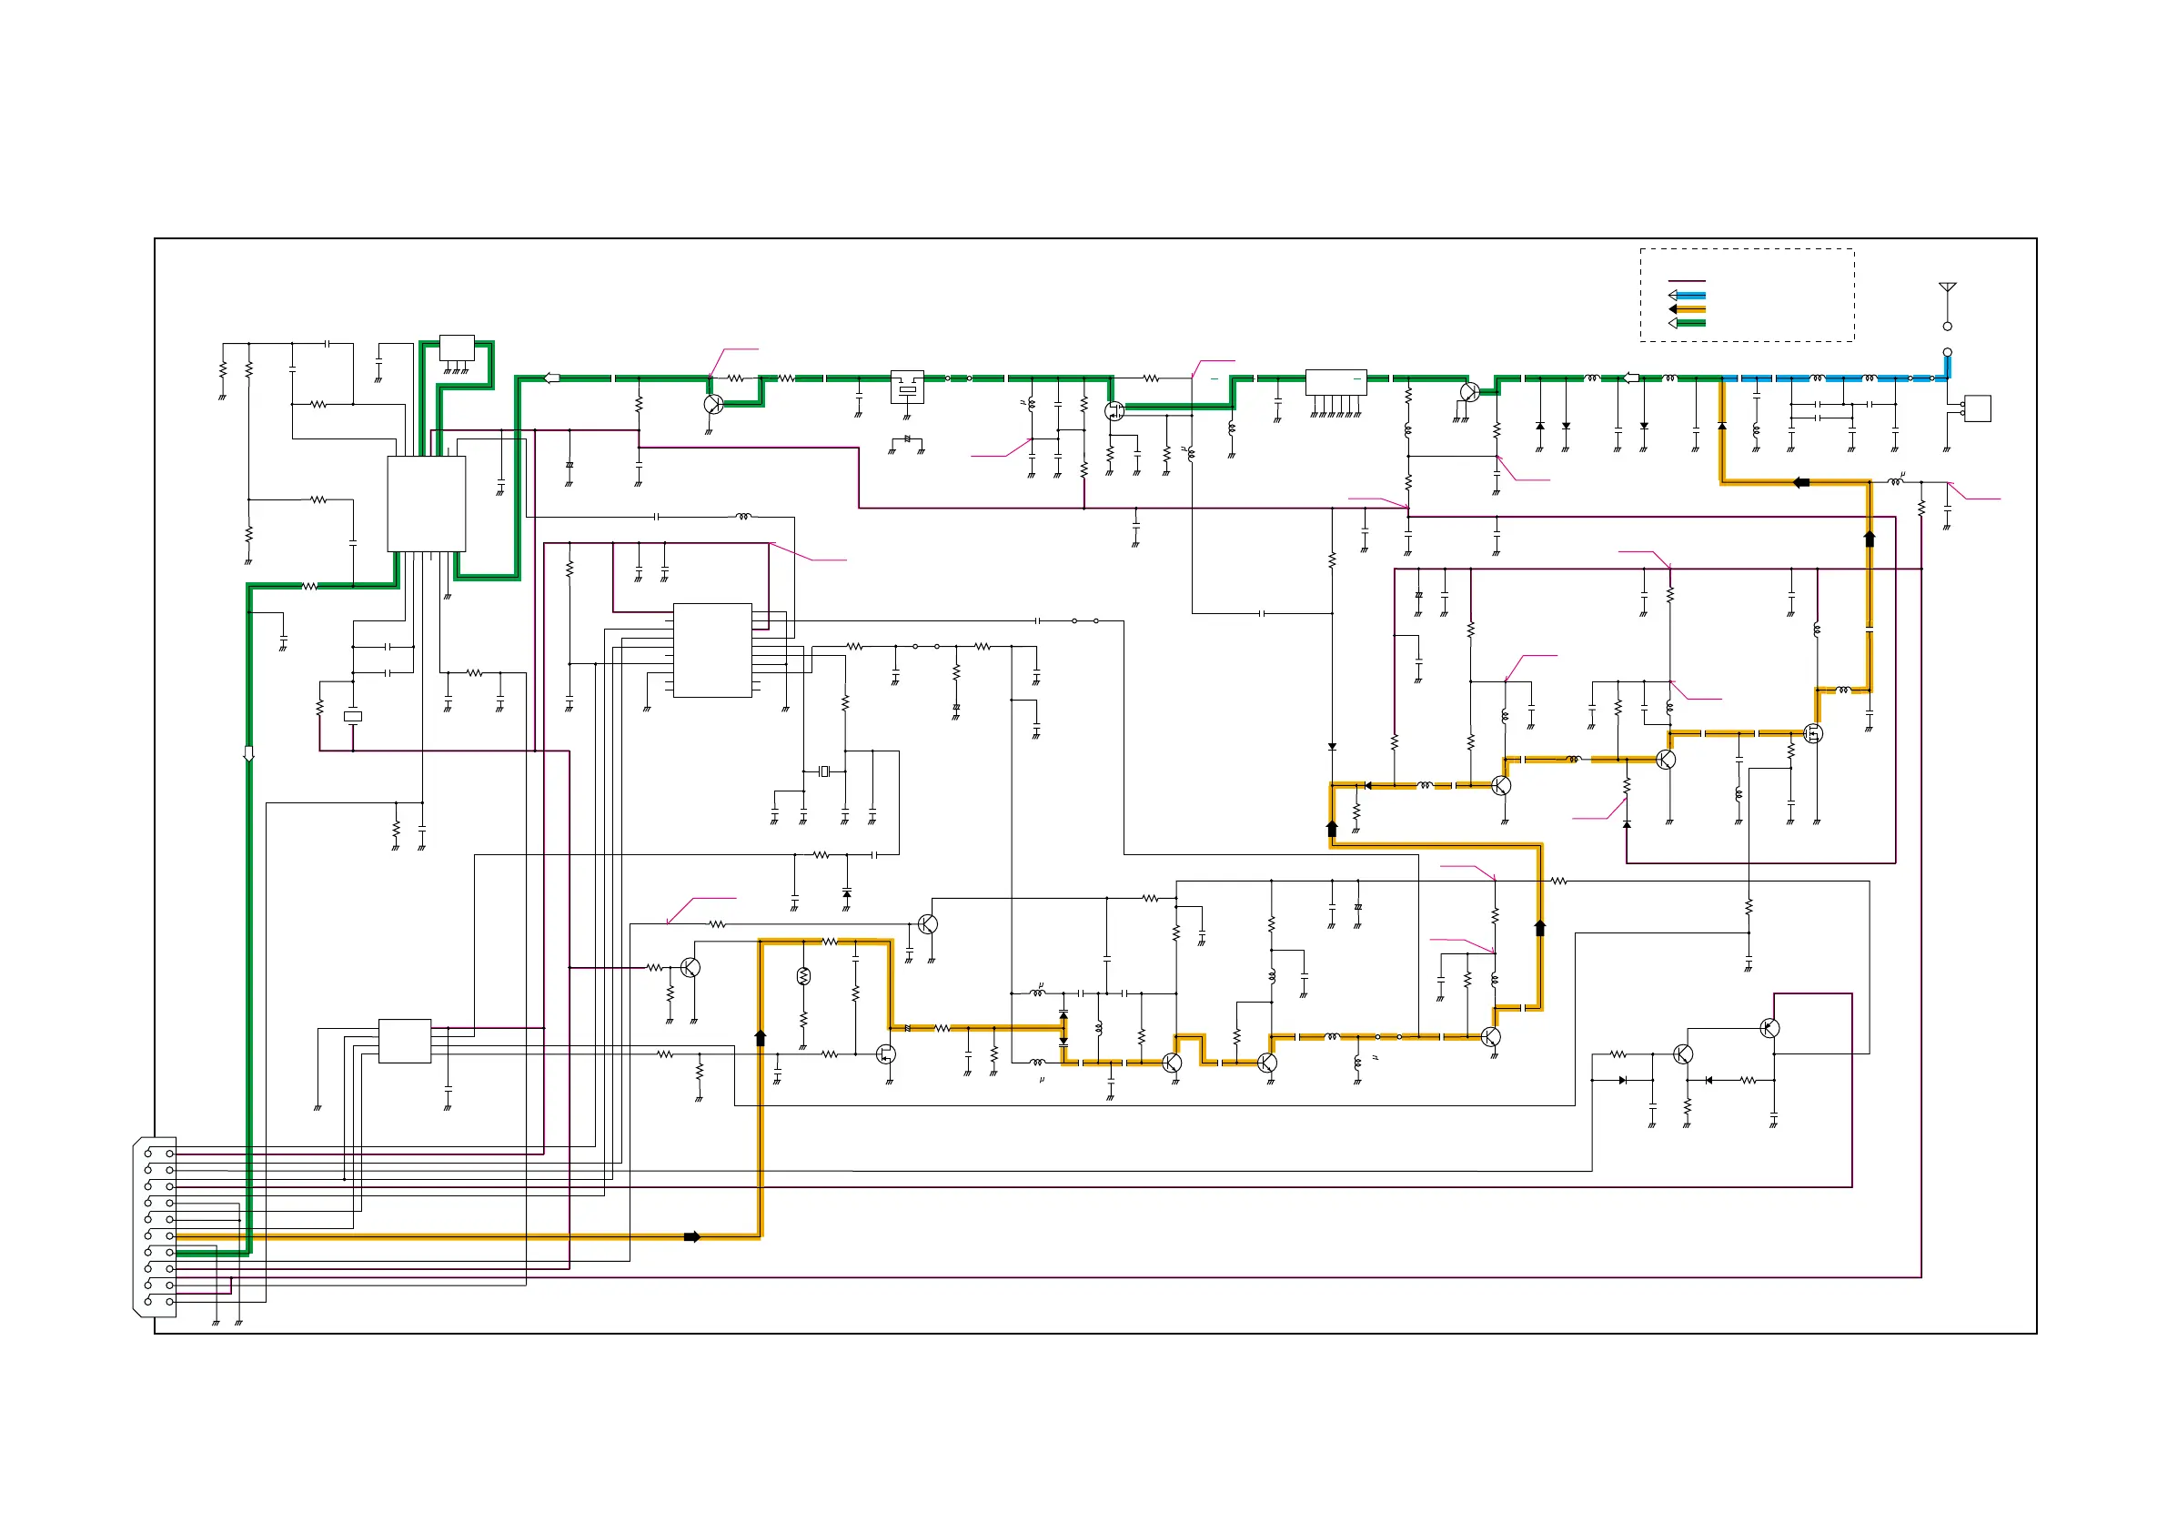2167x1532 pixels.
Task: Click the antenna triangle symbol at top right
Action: [x=1947, y=287]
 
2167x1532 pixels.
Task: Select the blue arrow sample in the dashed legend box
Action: [x=1686, y=296]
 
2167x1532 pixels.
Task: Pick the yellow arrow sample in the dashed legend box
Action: [x=1686, y=309]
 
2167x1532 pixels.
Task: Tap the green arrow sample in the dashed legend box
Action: [x=1686, y=324]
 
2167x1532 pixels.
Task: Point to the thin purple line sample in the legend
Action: [x=1687, y=281]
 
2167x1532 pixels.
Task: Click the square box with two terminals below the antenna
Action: [x=1976, y=408]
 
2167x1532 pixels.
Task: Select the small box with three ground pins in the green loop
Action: [x=457, y=348]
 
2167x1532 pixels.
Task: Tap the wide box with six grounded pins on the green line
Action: [x=1335, y=382]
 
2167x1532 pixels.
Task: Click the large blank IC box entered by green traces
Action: [x=427, y=504]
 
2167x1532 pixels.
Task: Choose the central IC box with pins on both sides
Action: [x=712, y=650]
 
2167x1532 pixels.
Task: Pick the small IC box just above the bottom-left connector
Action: [x=405, y=1041]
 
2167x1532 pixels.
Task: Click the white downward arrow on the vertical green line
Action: [x=249, y=754]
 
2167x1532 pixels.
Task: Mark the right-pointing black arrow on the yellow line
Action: [x=691, y=1236]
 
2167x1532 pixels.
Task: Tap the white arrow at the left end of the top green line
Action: [x=552, y=378]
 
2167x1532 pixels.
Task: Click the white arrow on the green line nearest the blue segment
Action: [x=1630, y=378]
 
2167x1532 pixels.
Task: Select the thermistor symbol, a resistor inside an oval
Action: [x=803, y=977]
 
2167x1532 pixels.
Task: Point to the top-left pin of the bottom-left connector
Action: [x=148, y=1154]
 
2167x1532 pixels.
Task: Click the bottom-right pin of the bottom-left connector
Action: [x=170, y=1302]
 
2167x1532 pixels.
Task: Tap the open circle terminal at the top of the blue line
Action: [x=1947, y=352]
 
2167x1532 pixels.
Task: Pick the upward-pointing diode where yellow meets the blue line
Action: [x=1722, y=427]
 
